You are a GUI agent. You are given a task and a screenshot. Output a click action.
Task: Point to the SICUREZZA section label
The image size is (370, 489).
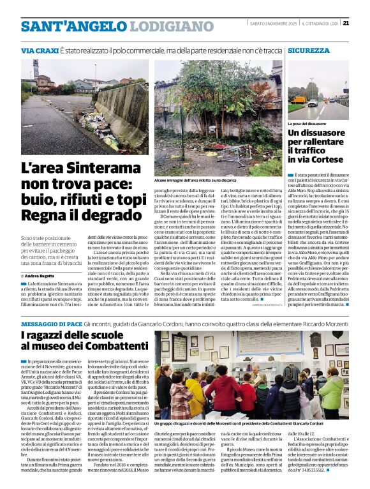point(309,50)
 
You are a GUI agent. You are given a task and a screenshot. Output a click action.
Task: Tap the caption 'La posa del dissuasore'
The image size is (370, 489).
point(308,123)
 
